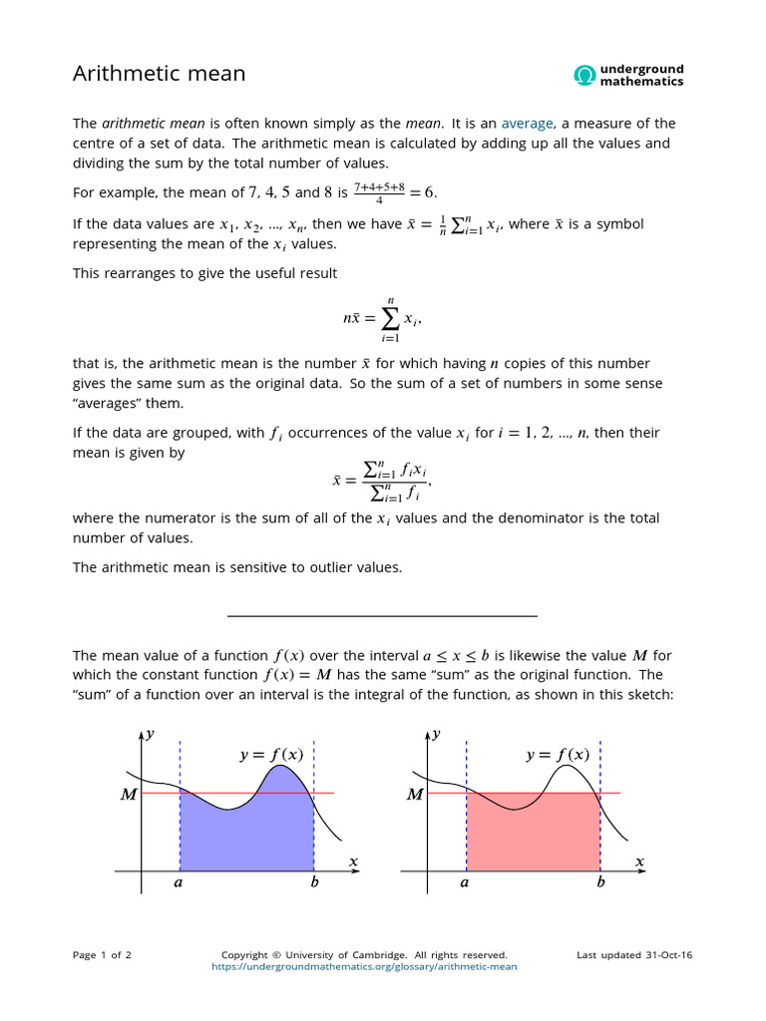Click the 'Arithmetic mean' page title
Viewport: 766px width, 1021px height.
coord(160,74)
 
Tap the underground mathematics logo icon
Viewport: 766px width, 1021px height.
coord(584,75)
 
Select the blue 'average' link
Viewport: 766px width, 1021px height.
coord(527,124)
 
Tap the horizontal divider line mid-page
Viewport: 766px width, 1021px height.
coord(382,616)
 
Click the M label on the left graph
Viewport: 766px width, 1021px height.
coord(127,795)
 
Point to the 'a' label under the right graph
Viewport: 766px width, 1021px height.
coord(465,882)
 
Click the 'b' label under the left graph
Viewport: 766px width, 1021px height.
coord(314,882)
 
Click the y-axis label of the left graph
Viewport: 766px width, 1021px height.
coord(150,734)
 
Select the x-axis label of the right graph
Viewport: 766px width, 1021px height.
coord(639,860)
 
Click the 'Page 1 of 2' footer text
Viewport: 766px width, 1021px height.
coord(102,955)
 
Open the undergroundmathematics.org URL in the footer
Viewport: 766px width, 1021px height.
coord(365,966)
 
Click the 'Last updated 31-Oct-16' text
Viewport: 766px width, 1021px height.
coord(634,955)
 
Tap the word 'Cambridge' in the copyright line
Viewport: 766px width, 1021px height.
coord(392,955)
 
